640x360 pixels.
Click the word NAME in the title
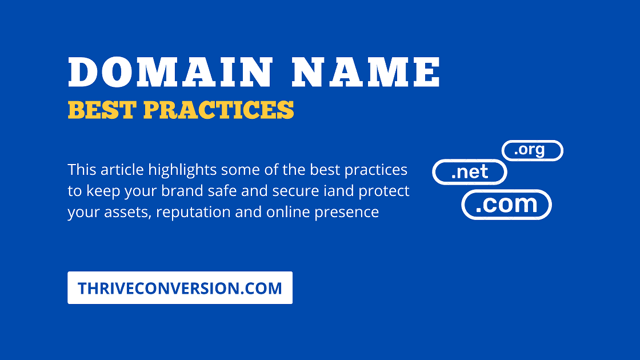point(365,73)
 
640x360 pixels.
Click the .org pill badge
point(532,151)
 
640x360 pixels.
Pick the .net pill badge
point(469,172)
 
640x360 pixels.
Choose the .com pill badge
point(506,205)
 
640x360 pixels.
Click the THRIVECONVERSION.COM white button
point(180,288)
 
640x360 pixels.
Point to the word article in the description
point(122,170)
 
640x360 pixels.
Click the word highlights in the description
point(182,170)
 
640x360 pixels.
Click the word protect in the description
point(384,191)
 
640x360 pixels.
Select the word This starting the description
point(82,170)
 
